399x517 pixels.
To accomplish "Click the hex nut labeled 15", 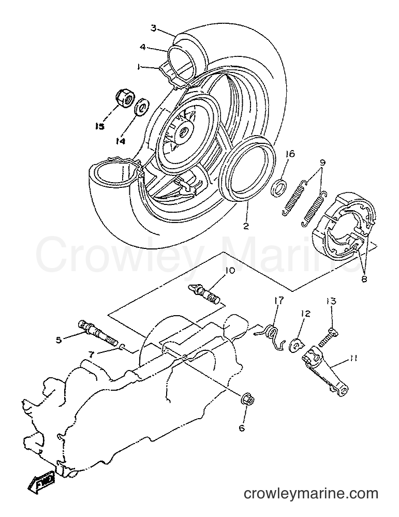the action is [125, 98].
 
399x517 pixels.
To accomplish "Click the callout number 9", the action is [322, 163].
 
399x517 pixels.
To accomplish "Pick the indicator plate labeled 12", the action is [297, 345].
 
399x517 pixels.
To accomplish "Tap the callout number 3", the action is [153, 28].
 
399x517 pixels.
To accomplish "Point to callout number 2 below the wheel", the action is [246, 226].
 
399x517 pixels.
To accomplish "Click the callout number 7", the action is [92, 355].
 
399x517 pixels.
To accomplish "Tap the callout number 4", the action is [142, 47].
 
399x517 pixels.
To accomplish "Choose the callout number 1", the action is [139, 67].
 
